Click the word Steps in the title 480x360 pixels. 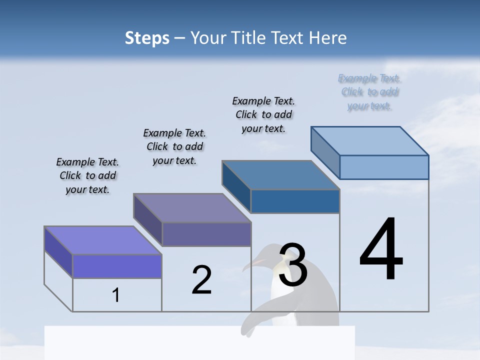[x=147, y=38]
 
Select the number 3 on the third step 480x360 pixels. [x=293, y=265]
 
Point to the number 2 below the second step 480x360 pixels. [x=201, y=280]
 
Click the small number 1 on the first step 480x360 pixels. [x=116, y=295]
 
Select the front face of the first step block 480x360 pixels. [x=117, y=266]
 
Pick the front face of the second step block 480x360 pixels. [x=206, y=234]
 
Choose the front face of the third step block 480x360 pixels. [x=295, y=201]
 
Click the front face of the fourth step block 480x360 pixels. [x=384, y=167]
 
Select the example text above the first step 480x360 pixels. [x=87, y=175]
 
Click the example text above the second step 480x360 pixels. [x=174, y=146]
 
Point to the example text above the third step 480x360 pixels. [x=263, y=114]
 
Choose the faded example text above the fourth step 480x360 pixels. [x=369, y=92]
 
